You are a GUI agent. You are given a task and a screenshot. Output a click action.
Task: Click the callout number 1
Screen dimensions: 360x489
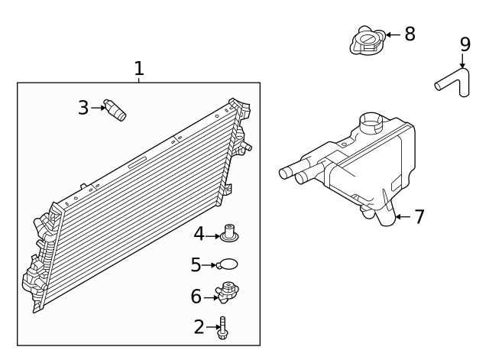pos(138,69)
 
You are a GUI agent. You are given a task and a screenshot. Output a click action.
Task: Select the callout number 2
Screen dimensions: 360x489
pos(199,327)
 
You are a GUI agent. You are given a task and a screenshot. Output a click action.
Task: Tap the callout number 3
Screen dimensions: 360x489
pos(83,108)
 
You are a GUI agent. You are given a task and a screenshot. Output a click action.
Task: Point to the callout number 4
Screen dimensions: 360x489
pos(199,234)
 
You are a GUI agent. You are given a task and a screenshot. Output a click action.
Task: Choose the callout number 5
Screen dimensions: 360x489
pos(196,264)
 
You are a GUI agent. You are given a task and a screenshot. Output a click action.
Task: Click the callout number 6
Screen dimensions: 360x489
pos(196,295)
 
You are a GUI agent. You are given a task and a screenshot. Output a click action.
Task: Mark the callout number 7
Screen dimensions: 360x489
pos(419,216)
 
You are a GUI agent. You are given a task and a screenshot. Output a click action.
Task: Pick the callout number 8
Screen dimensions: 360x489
pos(410,34)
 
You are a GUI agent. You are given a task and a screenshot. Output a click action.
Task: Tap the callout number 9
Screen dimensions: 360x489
pos(465,44)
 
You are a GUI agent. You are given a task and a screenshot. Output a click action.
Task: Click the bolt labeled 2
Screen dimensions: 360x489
pos(223,328)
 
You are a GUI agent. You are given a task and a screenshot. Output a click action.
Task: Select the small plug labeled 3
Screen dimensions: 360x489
pos(115,109)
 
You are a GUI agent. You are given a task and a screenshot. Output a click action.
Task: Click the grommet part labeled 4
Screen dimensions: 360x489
pos(228,232)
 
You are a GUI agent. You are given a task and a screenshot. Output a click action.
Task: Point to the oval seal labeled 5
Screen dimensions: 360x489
pos(228,264)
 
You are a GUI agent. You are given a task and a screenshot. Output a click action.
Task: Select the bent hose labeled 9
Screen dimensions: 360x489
pos(458,81)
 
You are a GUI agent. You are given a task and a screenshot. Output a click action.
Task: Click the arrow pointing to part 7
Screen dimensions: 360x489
pos(403,217)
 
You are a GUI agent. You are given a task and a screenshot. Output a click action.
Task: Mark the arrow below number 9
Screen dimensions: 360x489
pos(462,61)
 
